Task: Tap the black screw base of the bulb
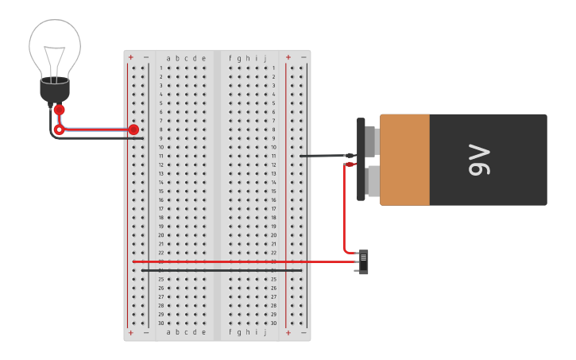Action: [x=55, y=90]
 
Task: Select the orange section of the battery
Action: [x=404, y=160]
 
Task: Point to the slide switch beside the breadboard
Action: [x=363, y=261]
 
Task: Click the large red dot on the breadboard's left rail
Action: [x=133, y=130]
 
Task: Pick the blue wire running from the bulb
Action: [x=95, y=128]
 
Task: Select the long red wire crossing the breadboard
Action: [x=238, y=261]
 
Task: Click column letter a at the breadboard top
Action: [x=168, y=58]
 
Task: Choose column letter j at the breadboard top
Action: [x=265, y=58]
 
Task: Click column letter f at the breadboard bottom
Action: [x=230, y=332]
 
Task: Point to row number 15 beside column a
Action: [x=160, y=191]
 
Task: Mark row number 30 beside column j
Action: [x=273, y=323]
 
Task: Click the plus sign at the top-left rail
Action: [x=131, y=57]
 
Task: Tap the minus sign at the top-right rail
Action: [x=303, y=57]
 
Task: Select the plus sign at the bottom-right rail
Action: [x=288, y=333]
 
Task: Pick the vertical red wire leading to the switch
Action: [x=344, y=207]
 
